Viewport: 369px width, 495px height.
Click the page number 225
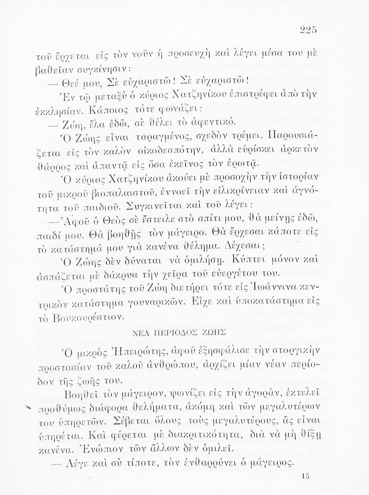coord(309,30)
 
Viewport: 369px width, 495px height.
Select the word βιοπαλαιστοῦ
coord(106,192)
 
